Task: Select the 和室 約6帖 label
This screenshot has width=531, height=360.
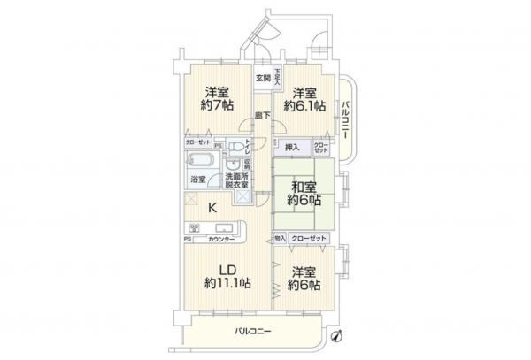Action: pyautogui.click(x=304, y=193)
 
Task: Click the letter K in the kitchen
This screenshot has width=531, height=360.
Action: pyautogui.click(x=212, y=208)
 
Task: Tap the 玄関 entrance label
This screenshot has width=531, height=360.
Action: pyautogui.click(x=263, y=79)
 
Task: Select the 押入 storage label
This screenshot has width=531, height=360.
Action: pyautogui.click(x=292, y=147)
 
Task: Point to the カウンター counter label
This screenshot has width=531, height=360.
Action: pyautogui.click(x=221, y=240)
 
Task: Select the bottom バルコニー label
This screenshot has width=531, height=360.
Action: pyautogui.click(x=252, y=332)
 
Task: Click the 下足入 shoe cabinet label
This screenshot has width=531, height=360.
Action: pyautogui.click(x=278, y=77)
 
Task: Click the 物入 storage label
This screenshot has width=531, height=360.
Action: pyautogui.click(x=280, y=239)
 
